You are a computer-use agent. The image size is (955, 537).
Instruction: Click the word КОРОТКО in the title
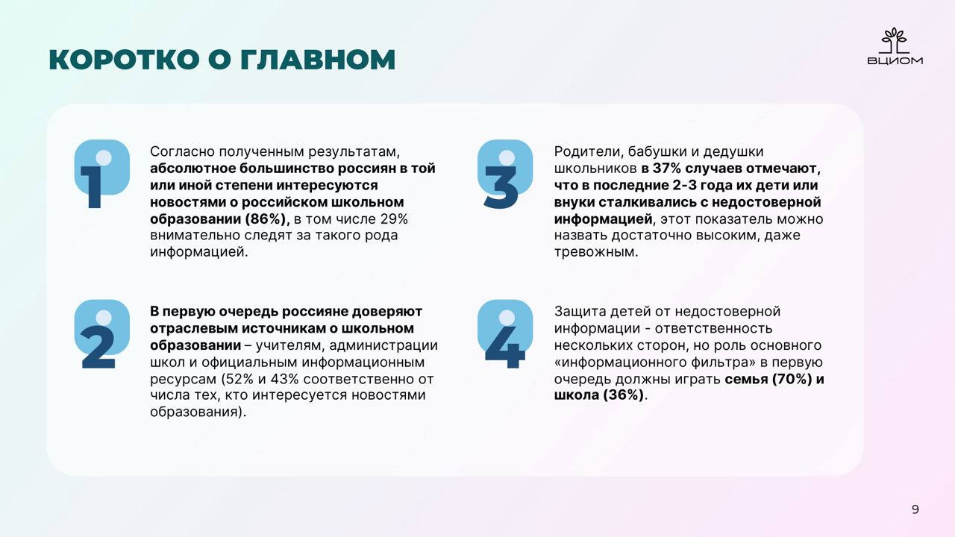[125, 59]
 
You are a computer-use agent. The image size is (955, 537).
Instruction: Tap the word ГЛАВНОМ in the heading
[318, 59]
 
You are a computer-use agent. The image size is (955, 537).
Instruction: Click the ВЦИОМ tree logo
[895, 46]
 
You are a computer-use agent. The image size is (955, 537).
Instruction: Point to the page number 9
[915, 509]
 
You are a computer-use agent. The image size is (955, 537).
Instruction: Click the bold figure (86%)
[267, 219]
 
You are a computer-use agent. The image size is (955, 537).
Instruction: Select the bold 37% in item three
[667, 169]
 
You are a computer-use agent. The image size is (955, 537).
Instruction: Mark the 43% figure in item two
[284, 379]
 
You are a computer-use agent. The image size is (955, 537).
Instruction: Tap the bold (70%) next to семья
[792, 379]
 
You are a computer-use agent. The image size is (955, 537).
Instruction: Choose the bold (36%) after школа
[623, 395]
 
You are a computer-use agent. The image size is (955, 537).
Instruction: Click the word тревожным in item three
[596, 252]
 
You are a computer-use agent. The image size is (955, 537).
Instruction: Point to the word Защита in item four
[580, 312]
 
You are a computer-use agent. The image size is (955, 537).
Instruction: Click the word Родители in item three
[589, 151]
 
